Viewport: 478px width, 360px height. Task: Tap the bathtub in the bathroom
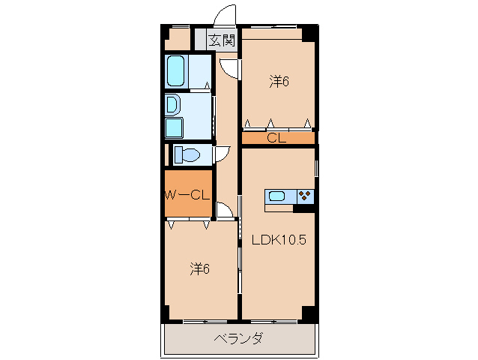(176, 71)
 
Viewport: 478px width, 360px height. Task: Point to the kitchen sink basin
(277, 196)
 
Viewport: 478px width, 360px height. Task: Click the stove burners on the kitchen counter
(306, 196)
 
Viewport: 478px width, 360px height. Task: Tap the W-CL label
(185, 196)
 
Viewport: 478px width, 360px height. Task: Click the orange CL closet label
(276, 138)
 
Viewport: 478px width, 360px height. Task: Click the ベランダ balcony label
(238, 339)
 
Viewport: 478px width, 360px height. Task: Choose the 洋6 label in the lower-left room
(199, 268)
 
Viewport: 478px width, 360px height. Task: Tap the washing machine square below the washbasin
(174, 127)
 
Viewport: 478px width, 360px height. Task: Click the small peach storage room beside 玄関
(178, 38)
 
